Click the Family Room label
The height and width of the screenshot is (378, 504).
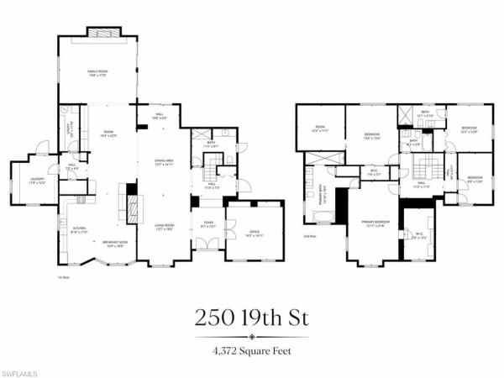pos(98,74)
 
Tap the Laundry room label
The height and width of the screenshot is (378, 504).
pos(37,181)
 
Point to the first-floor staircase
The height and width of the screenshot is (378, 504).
pos(202,177)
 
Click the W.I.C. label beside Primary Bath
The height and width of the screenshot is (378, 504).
pos(374,173)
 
